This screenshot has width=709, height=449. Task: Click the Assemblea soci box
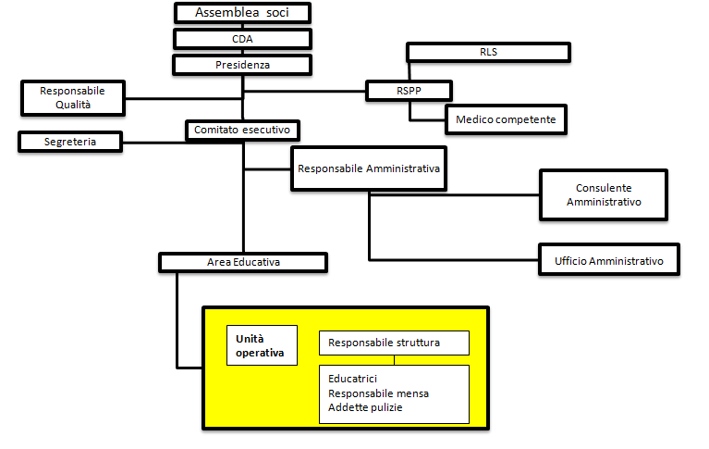pyautogui.click(x=242, y=13)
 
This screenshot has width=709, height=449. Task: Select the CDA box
pyautogui.click(x=242, y=39)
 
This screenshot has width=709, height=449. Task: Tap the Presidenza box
pyautogui.click(x=242, y=65)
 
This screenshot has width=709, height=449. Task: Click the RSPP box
pyautogui.click(x=409, y=91)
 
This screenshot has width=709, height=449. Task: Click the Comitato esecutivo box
pyautogui.click(x=243, y=131)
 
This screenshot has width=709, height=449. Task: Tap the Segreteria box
pyautogui.click(x=70, y=142)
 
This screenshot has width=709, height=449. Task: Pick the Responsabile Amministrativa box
pyautogui.click(x=367, y=169)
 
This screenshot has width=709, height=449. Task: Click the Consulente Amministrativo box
pyautogui.click(x=603, y=194)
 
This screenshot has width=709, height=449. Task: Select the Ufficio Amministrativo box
pyautogui.click(x=609, y=261)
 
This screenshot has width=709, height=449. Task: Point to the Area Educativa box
pyautogui.click(x=243, y=262)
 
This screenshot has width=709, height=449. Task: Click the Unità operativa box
pyautogui.click(x=262, y=345)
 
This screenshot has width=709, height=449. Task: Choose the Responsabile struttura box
pyautogui.click(x=394, y=343)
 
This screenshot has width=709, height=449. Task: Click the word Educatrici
pyautogui.click(x=352, y=379)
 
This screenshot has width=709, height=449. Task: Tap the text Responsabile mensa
pyautogui.click(x=378, y=393)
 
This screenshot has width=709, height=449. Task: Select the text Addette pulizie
pyautogui.click(x=365, y=407)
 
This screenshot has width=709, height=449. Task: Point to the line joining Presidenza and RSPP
pyautogui.click(x=305, y=92)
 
